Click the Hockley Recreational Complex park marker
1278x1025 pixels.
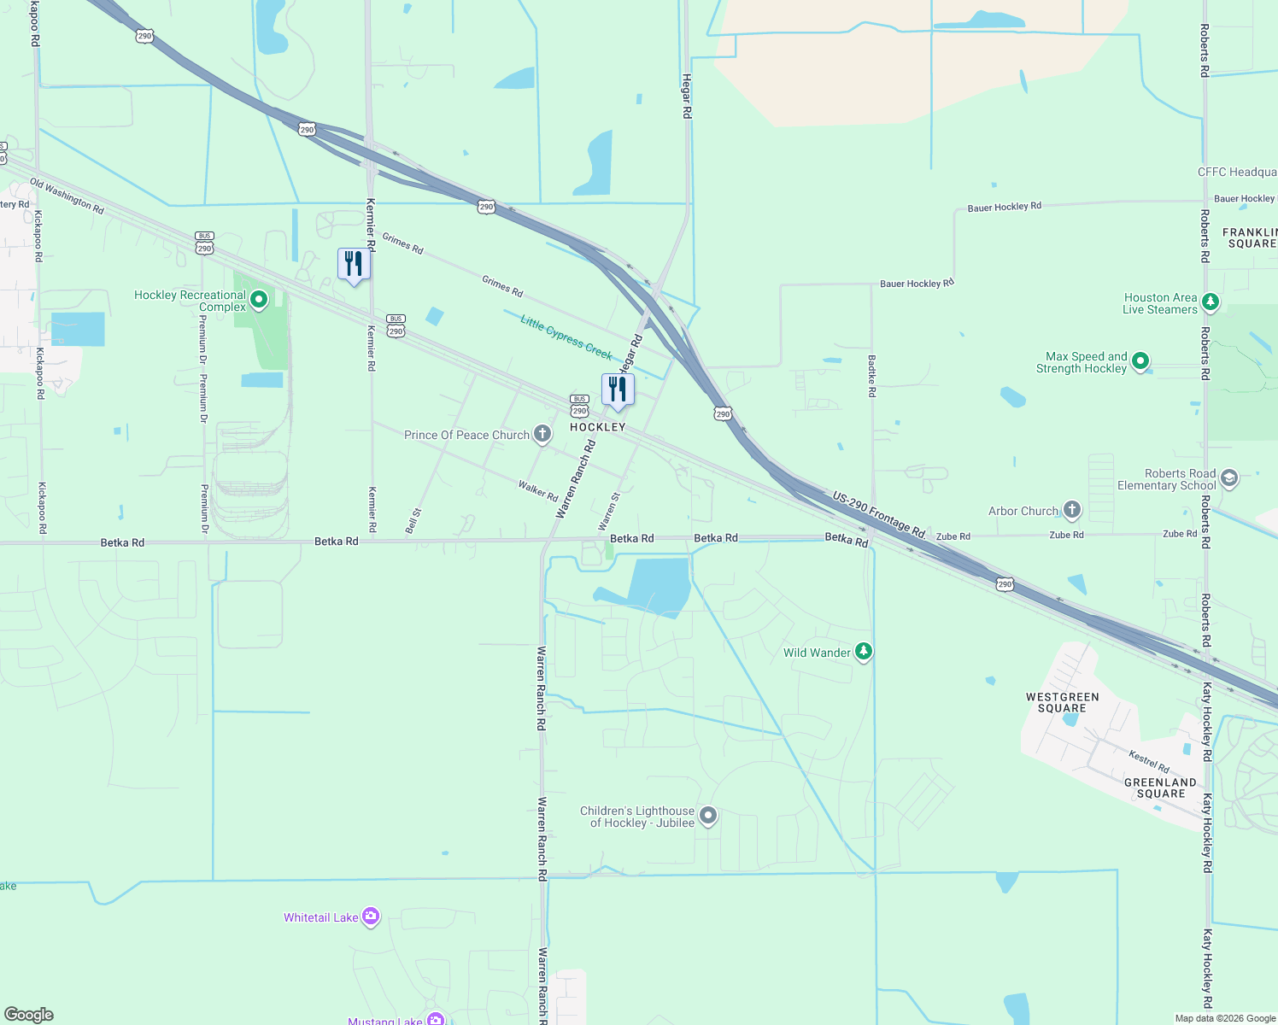click(x=259, y=300)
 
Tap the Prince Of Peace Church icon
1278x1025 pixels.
click(x=542, y=434)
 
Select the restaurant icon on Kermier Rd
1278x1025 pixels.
click(x=354, y=264)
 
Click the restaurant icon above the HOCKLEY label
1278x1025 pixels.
click(x=618, y=389)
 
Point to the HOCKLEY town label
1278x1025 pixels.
click(x=598, y=427)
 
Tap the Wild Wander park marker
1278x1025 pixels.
click(x=864, y=652)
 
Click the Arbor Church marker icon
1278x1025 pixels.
click(x=1071, y=510)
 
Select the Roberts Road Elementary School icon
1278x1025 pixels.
click(x=1228, y=478)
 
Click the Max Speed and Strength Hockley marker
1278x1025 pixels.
click(x=1140, y=362)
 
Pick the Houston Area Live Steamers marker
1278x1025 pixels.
click(x=1210, y=302)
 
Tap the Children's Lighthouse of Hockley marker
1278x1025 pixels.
click(x=708, y=816)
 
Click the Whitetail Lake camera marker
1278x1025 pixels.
click(x=370, y=917)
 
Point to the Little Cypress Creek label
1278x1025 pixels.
click(x=566, y=337)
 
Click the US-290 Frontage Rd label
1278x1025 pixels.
click(x=879, y=514)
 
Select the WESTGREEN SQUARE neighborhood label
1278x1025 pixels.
click(x=1062, y=702)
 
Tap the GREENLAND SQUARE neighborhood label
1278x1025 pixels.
click(x=1160, y=788)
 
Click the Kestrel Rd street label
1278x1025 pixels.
click(x=1149, y=760)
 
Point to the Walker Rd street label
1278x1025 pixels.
click(x=538, y=490)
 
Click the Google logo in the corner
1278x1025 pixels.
click(x=29, y=1015)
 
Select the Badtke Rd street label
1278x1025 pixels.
click(x=872, y=377)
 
